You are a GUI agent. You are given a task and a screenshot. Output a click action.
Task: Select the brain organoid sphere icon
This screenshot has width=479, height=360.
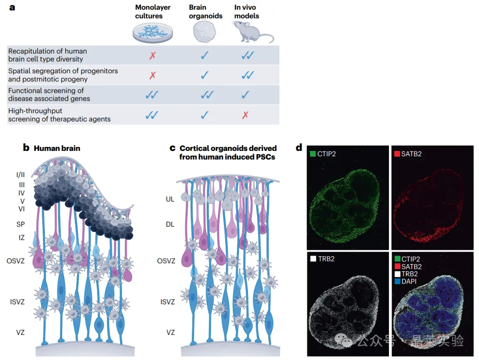click(204, 32)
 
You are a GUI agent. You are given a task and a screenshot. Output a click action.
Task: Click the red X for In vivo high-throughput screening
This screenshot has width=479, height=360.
click(245, 115)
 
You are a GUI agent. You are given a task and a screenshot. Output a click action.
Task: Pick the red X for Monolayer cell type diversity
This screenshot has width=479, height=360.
click(153, 55)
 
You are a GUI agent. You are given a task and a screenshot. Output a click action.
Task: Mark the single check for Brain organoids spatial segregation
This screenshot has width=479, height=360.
click(204, 75)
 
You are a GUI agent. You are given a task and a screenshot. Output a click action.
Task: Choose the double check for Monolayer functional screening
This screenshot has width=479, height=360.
click(152, 95)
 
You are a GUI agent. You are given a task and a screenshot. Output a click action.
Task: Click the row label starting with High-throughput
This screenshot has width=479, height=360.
click(59, 115)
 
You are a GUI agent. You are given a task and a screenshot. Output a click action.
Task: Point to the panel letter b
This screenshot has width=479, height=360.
click(26, 148)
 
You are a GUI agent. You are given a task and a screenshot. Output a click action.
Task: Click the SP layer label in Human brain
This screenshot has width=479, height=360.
click(20, 224)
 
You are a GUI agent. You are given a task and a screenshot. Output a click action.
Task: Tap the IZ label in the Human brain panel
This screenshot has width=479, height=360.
click(21, 237)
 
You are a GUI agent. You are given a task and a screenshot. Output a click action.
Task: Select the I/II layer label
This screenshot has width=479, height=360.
click(20, 174)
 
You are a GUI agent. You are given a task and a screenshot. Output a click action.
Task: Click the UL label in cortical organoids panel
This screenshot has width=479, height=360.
click(170, 199)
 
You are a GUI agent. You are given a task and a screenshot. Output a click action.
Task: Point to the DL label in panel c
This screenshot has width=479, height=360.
click(170, 225)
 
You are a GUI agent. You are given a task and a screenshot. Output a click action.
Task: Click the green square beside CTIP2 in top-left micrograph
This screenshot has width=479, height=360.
click(313, 154)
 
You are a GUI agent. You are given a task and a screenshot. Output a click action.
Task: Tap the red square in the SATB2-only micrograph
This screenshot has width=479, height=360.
click(397, 154)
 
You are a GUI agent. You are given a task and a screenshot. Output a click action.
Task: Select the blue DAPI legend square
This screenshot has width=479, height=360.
click(397, 281)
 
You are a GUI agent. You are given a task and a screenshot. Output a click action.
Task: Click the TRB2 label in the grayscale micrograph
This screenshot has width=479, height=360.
click(326, 259)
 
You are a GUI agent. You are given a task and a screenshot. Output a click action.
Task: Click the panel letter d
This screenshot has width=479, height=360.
click(299, 148)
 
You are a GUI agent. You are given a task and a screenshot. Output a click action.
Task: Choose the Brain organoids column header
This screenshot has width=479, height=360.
click(206, 12)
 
